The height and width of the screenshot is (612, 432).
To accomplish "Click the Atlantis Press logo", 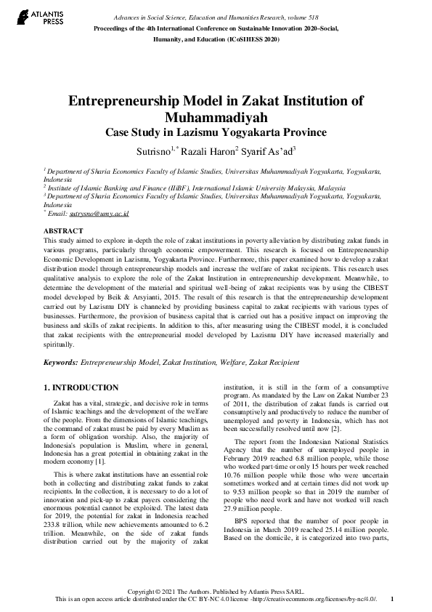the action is tap(27, 15).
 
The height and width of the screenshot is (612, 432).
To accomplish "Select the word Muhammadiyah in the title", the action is tap(216, 118).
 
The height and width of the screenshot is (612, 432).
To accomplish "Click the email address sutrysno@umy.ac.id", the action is tap(99, 214).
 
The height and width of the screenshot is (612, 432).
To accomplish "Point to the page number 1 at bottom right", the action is tap(391, 599).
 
